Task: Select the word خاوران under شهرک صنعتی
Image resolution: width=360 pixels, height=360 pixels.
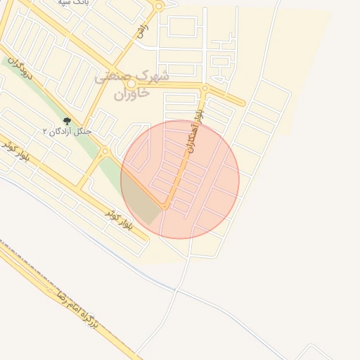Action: pyautogui.click(x=131, y=92)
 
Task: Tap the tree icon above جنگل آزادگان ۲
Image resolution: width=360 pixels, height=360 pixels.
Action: pyautogui.click(x=67, y=121)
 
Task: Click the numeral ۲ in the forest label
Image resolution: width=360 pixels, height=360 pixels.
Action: pyautogui.click(x=46, y=131)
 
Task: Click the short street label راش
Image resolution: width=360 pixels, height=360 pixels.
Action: pyautogui.click(x=143, y=30)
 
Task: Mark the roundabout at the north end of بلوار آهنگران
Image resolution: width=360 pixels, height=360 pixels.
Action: pyautogui.click(x=205, y=89)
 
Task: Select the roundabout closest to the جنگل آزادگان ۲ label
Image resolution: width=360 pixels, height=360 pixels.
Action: pyautogui.click(x=105, y=150)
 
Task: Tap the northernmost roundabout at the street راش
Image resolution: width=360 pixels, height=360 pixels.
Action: pyautogui.click(x=159, y=6)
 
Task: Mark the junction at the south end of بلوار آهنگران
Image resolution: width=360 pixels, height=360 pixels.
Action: pyautogui.click(x=166, y=207)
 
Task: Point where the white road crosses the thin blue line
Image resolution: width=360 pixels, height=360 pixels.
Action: pyautogui.click(x=176, y=289)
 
